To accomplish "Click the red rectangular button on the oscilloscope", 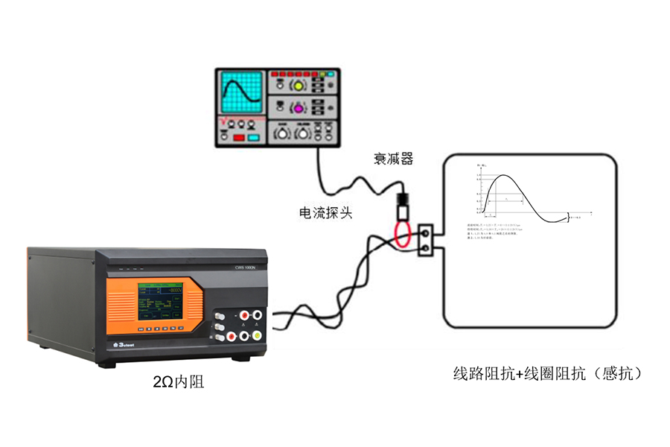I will tap(239, 138).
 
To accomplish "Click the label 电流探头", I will tap(325, 213).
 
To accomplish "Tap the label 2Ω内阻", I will tap(179, 383).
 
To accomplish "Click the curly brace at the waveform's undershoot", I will tap(569, 217).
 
